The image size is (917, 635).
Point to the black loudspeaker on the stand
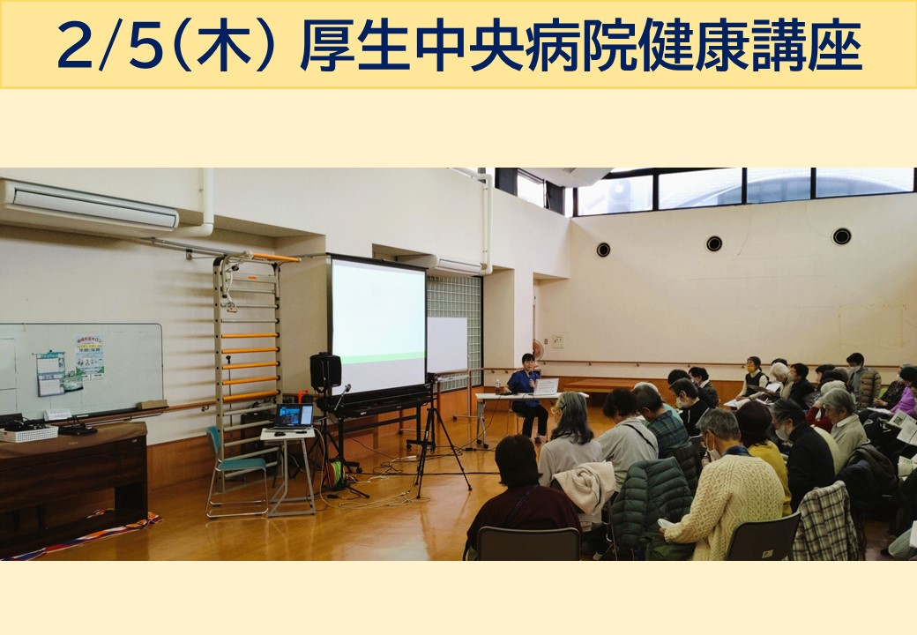pyautogui.click(x=325, y=372)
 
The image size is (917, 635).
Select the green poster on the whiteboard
pyautogui.click(x=89, y=356)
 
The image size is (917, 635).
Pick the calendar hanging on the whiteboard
pyautogui.click(x=50, y=373)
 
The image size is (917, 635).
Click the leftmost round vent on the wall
pyautogui.click(x=603, y=250)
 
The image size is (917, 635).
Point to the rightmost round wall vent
pyautogui.click(x=841, y=236)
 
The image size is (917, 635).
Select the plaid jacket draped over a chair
pyautogui.click(x=826, y=522)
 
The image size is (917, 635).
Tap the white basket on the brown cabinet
pyautogui.click(x=28, y=433)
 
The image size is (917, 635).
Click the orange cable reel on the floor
pyautogui.click(x=334, y=473)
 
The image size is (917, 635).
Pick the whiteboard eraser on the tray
pyautogui.click(x=152, y=405)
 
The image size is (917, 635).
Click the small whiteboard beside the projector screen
pyautogui.click(x=447, y=345)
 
